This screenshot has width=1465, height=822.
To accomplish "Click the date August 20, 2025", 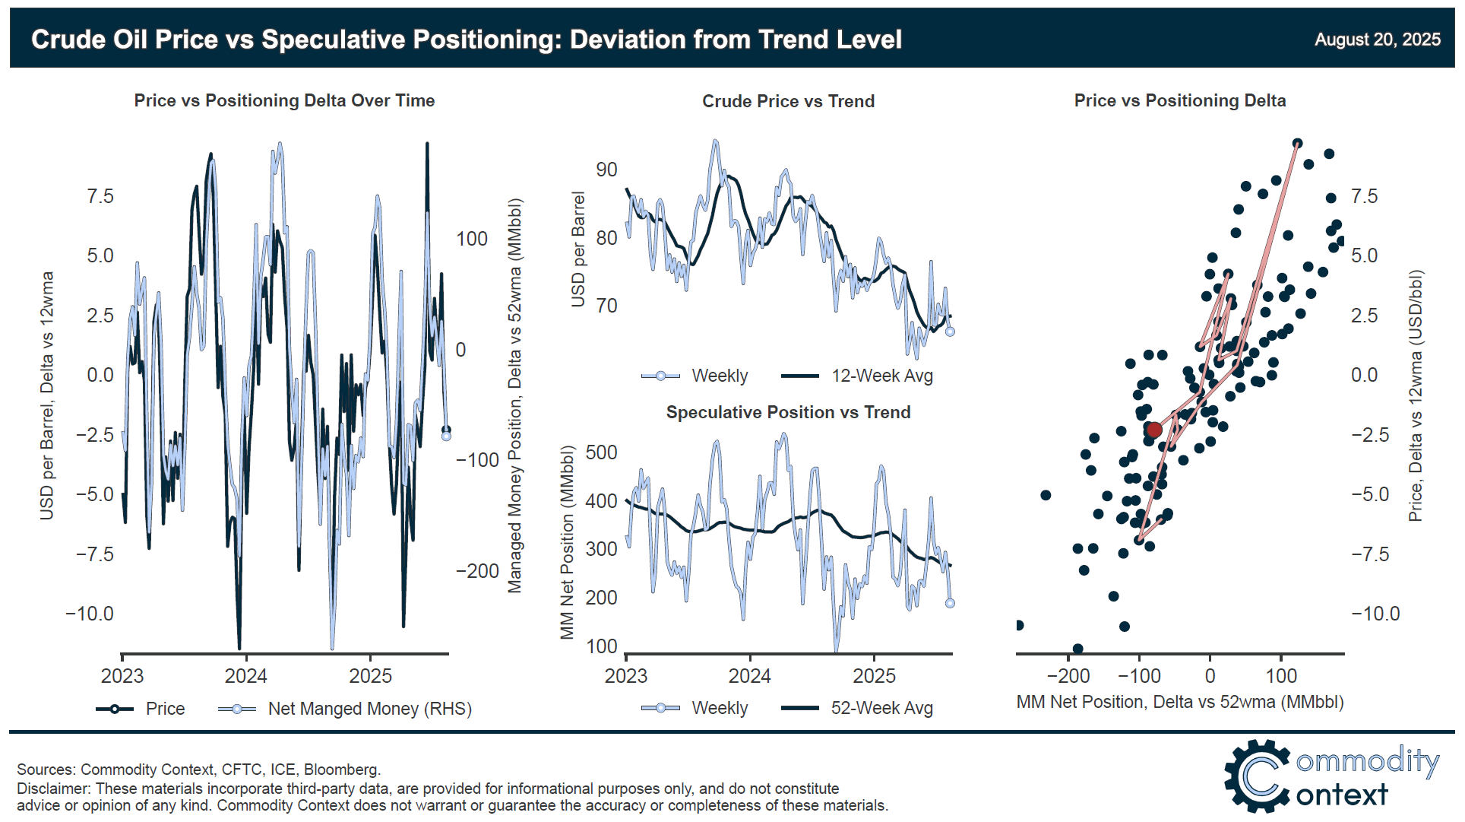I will click(1377, 40).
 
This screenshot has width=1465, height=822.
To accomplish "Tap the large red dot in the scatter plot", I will click(1154, 430).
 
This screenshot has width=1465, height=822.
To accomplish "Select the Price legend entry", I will click(141, 709).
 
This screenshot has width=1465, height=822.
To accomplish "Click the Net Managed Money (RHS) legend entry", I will click(346, 709).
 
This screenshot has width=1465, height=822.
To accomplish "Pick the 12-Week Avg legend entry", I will click(858, 376).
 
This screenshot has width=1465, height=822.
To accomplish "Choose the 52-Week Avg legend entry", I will click(858, 708).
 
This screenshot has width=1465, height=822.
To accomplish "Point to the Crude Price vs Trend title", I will click(788, 101).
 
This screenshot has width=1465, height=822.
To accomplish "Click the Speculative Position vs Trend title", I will click(788, 412).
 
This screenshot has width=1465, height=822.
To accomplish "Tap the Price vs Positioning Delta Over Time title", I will click(284, 100).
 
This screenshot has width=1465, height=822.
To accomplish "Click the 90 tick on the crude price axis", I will click(606, 170).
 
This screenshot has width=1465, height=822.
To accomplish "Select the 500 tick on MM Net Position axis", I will click(601, 452).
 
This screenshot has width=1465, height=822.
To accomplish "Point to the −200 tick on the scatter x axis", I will click(1068, 676).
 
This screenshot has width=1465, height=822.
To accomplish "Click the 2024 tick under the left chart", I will click(246, 676).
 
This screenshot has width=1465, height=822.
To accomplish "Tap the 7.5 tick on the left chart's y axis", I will click(100, 196).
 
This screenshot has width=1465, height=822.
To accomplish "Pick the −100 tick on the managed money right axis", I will click(477, 460).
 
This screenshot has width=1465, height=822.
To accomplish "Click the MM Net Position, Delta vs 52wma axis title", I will click(1179, 702).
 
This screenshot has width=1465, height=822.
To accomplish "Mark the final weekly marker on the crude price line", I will click(950, 332).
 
